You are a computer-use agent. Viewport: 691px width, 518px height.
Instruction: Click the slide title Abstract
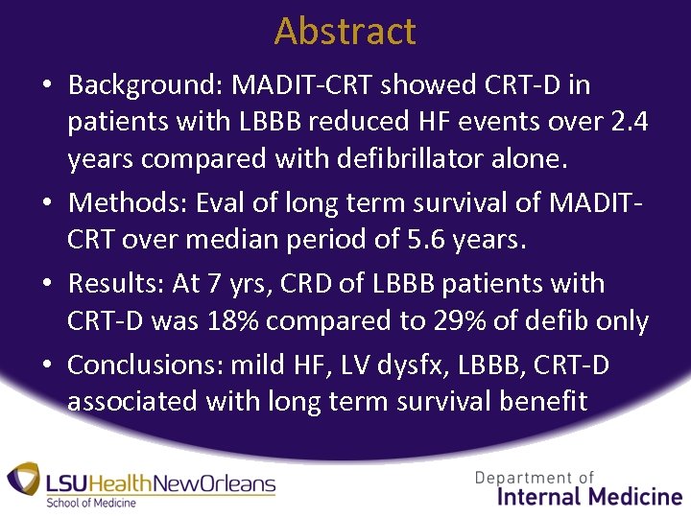(345, 31)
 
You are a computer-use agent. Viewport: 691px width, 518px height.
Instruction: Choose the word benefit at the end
(543, 400)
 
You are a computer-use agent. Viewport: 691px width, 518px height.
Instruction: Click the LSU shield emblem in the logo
(24, 480)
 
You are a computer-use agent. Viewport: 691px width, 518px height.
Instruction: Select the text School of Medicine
(92, 503)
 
